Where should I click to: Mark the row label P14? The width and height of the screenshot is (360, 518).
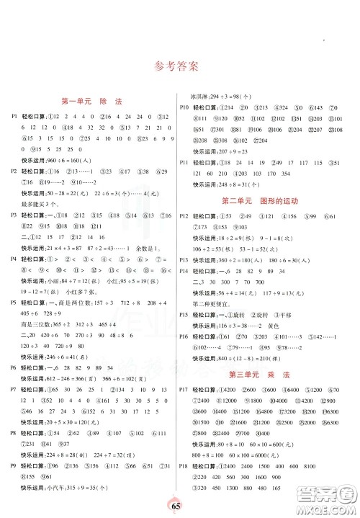tap(184, 270)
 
